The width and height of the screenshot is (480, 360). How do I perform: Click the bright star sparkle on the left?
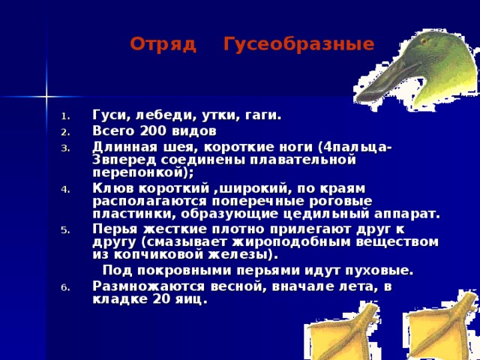(x=46, y=96)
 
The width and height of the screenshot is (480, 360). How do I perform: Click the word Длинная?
(x=122, y=146)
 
